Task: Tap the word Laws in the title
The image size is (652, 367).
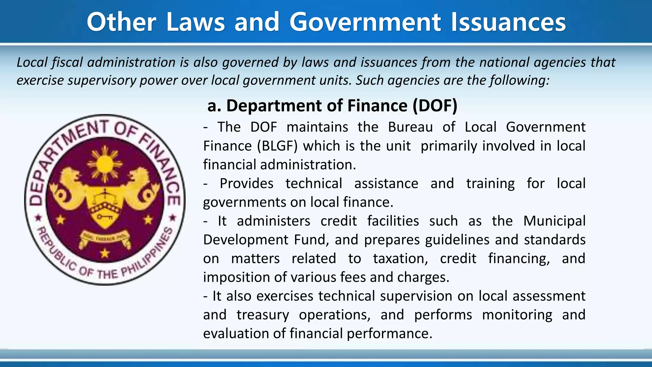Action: [195, 22]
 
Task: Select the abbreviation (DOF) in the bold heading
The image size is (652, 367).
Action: [435, 106]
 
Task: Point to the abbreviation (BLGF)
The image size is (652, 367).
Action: [277, 146]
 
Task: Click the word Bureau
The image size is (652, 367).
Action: [410, 127]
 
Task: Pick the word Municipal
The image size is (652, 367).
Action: [554, 221]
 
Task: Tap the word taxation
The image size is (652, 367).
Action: [400, 259]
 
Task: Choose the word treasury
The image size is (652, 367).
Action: [263, 315]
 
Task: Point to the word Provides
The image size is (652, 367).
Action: [246, 183]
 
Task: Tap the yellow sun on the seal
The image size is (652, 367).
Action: [105, 164]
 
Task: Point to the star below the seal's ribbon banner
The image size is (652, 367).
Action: [105, 254]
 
